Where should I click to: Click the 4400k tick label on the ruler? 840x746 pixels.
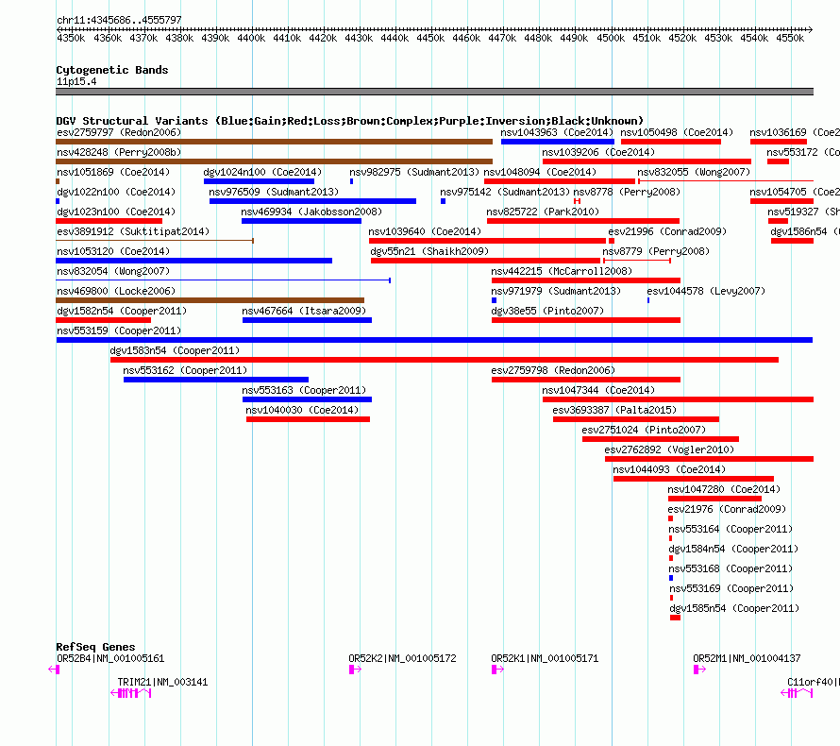pyautogui.click(x=252, y=39)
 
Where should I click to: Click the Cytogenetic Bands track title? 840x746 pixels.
pyautogui.click(x=111, y=70)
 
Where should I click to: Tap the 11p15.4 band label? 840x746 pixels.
pyautogui.click(x=76, y=81)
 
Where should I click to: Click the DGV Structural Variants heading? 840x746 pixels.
pyautogui.click(x=349, y=121)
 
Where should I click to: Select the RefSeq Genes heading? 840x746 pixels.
pyautogui.click(x=94, y=647)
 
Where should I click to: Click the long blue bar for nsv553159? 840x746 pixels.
pyautogui.click(x=434, y=340)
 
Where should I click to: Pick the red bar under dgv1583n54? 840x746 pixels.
pyautogui.click(x=444, y=360)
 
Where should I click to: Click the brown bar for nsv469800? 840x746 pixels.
pyautogui.click(x=210, y=300)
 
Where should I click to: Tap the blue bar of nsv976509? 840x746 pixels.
pyautogui.click(x=312, y=201)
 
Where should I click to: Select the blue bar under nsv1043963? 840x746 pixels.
pyautogui.click(x=557, y=142)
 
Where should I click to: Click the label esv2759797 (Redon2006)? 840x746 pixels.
pyautogui.click(x=119, y=132)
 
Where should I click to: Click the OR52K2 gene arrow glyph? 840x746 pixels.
pyautogui.click(x=355, y=670)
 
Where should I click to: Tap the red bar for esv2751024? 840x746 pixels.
pyautogui.click(x=660, y=439)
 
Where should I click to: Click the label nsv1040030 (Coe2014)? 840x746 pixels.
pyautogui.click(x=302, y=410)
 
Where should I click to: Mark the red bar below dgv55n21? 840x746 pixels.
pyautogui.click(x=486, y=261)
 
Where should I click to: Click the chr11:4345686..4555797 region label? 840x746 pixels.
pyautogui.click(x=119, y=20)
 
